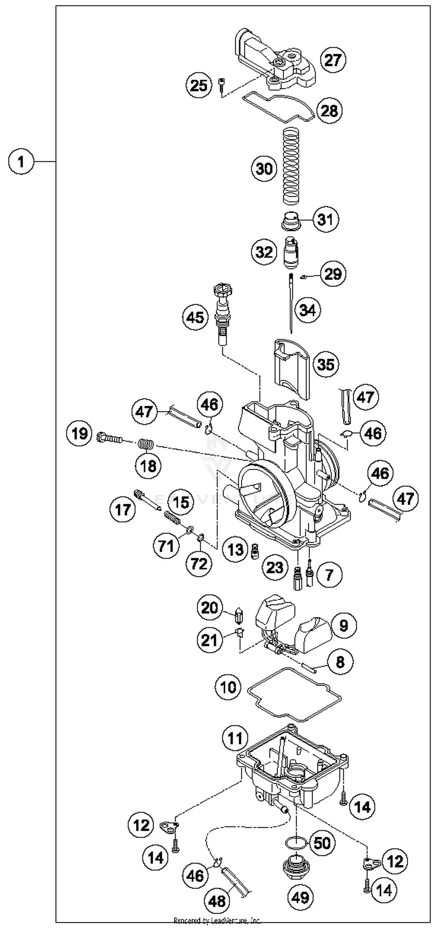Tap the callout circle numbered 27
[333, 60]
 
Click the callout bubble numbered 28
[329, 110]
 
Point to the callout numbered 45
[195, 317]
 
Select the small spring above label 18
[146, 444]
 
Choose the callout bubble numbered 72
[199, 563]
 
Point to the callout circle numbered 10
[228, 687]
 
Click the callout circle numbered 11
[235, 738]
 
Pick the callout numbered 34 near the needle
[308, 310]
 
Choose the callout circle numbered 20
[210, 608]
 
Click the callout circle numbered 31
[326, 219]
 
